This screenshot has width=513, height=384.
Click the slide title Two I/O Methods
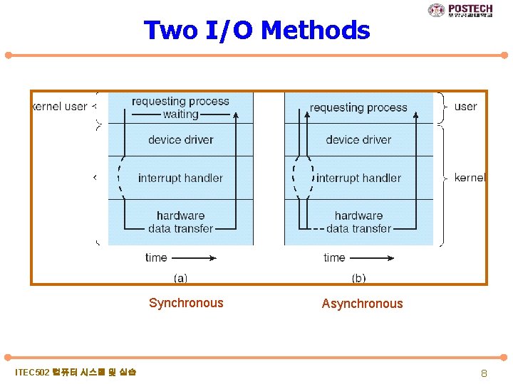tap(256, 31)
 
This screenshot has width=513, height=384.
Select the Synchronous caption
tap(186, 303)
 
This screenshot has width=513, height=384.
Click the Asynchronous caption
tap(362, 304)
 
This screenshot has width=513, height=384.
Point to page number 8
tap(484, 373)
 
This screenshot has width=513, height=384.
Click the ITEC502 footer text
tap(76, 372)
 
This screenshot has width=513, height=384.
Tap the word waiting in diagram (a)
tap(181, 114)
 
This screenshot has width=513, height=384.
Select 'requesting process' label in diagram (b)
tap(358, 107)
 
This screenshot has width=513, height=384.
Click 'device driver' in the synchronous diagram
tap(180, 139)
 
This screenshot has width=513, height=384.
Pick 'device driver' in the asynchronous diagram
tap(358, 139)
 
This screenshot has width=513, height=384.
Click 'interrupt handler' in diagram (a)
tap(180, 178)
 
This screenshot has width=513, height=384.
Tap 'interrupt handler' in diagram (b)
tap(358, 178)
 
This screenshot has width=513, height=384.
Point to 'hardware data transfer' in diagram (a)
tap(180, 222)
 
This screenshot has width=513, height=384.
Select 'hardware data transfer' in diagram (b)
tap(358, 222)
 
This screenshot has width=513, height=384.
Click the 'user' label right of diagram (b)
tap(465, 107)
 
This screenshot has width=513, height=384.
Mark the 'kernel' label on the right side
tap(470, 178)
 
